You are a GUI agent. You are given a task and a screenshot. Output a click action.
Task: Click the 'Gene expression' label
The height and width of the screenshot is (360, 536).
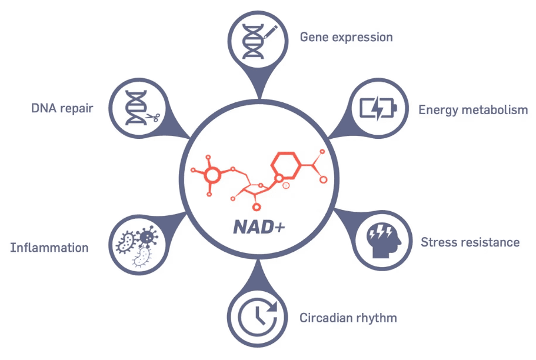point(346,37)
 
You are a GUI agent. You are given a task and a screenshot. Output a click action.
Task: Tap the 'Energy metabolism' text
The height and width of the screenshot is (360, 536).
point(473,110)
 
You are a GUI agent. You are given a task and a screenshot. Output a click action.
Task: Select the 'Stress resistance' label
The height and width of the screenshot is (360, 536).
point(470,242)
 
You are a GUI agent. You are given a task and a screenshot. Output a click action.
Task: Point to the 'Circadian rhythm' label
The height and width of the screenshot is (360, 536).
point(348,318)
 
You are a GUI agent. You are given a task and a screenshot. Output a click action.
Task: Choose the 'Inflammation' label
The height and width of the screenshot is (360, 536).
point(49,248)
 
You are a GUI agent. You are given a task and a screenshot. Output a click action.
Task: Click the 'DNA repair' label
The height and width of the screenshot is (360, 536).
point(62,108)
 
